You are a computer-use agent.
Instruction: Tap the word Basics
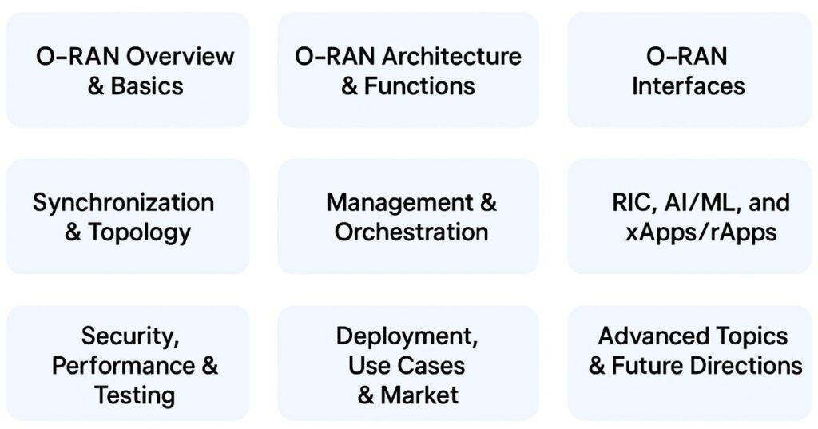coord(147,85)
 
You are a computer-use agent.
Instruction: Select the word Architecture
coord(451,56)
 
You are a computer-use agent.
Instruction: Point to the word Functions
coord(419,85)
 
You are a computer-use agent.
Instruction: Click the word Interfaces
coord(688,85)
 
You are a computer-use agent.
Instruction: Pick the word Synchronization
coord(123,202)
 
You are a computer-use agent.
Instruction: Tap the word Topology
coord(139,232)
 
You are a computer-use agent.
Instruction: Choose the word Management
coord(399,202)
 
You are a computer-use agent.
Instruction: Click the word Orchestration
coord(411,232)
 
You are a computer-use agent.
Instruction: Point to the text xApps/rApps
coord(701,232)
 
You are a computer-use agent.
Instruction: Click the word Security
coord(130,336)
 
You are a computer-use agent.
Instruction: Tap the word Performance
coord(123,365)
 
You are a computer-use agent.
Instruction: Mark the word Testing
coord(134,395)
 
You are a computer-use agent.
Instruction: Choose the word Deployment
coord(407,336)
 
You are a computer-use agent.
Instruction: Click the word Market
coord(419,395)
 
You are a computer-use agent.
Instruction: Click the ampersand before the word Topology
coord(73,232)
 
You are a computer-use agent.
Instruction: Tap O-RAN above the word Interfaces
coord(686,56)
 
